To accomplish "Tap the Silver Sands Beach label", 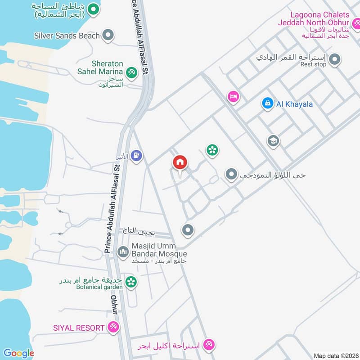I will point(67,35).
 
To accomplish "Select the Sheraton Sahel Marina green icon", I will point(131,72).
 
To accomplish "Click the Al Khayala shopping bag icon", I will point(267,103).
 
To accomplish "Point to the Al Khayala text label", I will point(294,104).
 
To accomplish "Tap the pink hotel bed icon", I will point(233,96).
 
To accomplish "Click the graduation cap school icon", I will point(273,141).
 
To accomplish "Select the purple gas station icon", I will point(137,156).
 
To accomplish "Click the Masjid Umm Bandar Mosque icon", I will point(123,252).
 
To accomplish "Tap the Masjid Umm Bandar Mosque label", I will point(159,250).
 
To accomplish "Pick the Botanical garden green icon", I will point(131,282).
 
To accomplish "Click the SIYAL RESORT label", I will point(78,328).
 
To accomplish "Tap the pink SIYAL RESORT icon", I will point(113,328).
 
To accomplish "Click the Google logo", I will point(18,353).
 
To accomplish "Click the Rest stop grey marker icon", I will point(334,59).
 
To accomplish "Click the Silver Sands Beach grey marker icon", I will point(108,35).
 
